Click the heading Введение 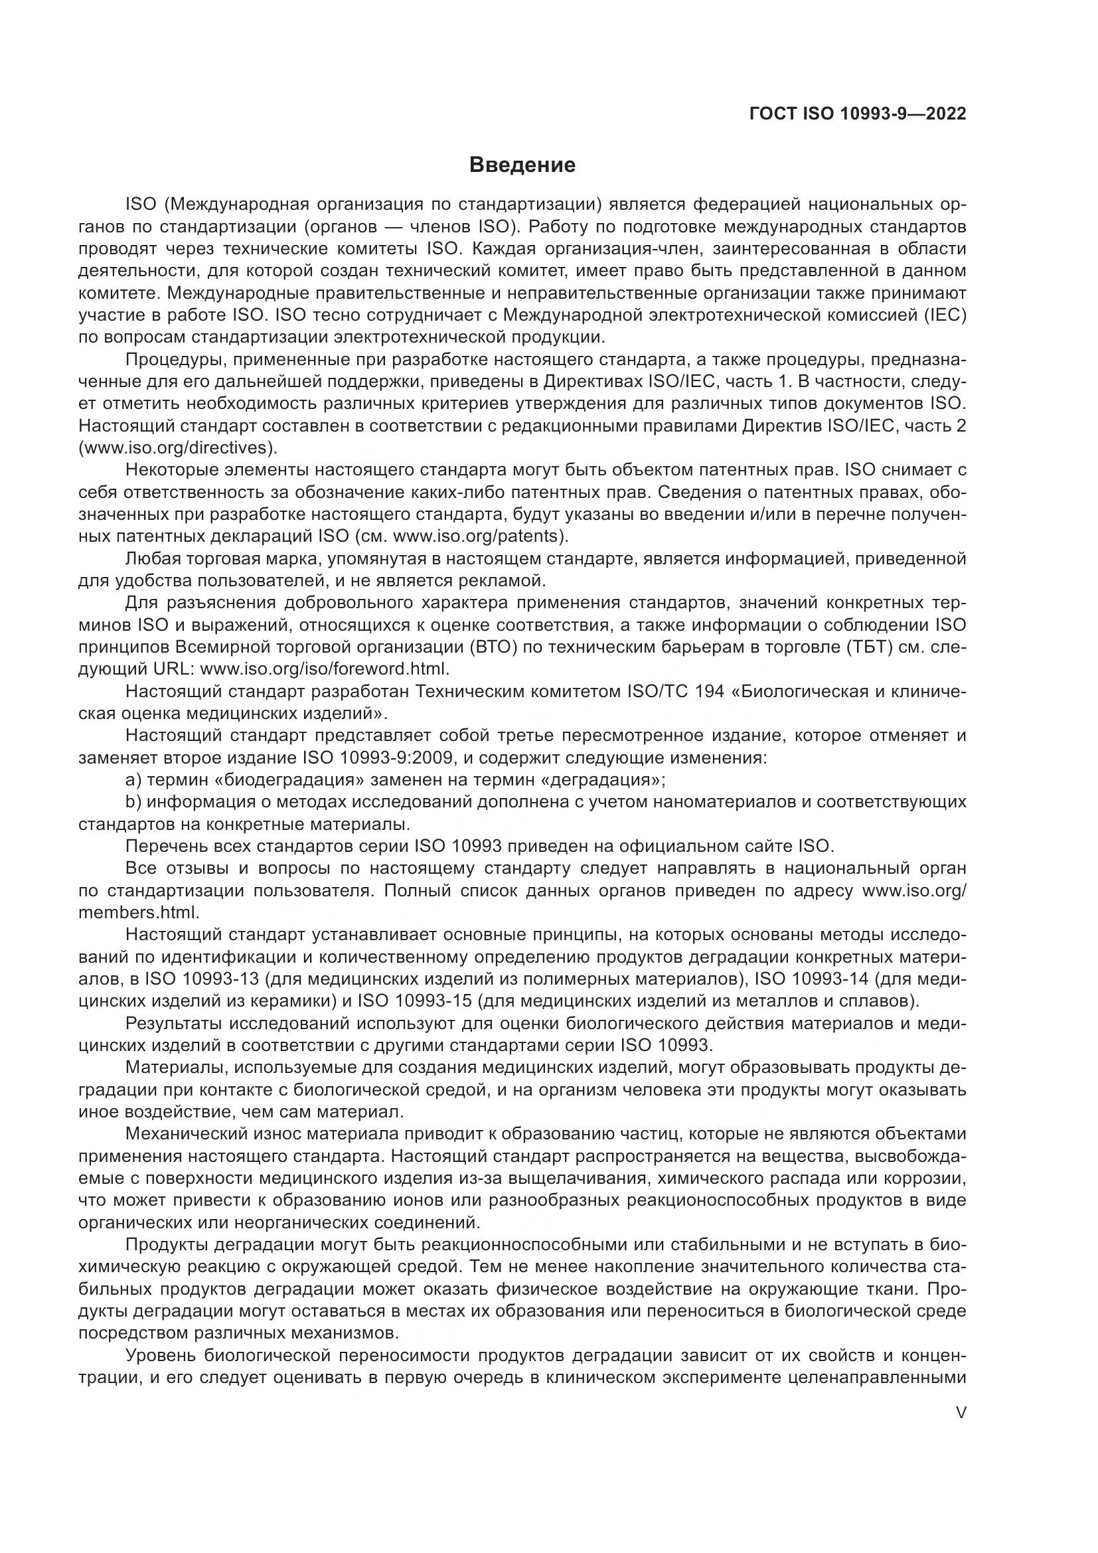click(x=522, y=165)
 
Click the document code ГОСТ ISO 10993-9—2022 click(x=857, y=114)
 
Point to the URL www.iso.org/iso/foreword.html click(x=325, y=670)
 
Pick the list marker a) click(x=134, y=781)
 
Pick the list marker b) click(x=134, y=803)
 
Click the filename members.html click(x=139, y=912)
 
